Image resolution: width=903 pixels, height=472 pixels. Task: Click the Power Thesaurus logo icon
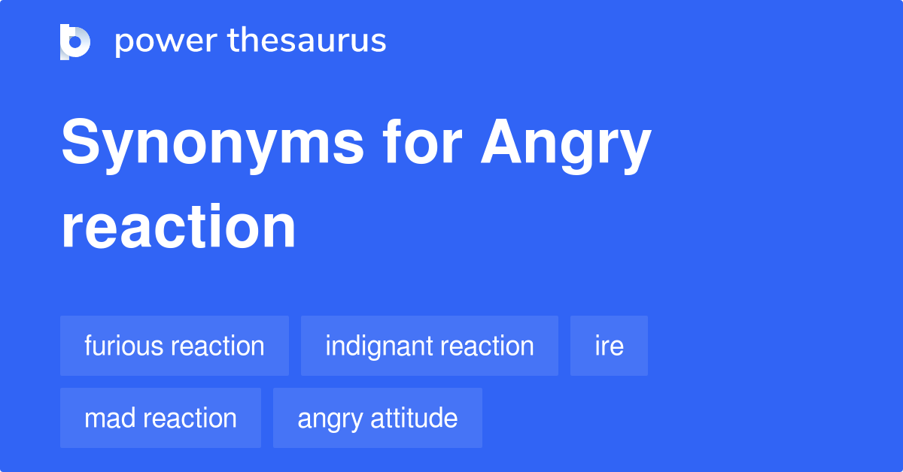(74, 41)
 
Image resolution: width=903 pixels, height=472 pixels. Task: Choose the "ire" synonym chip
(609, 346)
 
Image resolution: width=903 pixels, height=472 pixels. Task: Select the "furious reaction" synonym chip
(175, 346)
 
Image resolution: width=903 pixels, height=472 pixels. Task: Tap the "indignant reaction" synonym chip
(430, 346)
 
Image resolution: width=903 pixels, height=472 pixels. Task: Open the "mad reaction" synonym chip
(160, 418)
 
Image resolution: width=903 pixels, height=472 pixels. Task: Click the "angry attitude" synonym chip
(378, 418)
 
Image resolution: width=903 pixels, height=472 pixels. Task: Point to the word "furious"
(124, 346)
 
